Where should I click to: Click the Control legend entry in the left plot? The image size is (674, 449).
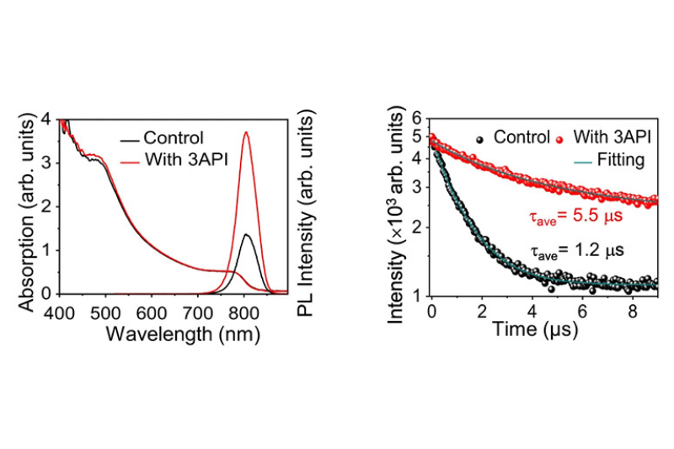tap(174, 138)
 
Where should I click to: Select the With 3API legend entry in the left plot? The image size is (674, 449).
tap(182, 158)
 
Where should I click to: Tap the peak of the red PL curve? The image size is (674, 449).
tap(246, 132)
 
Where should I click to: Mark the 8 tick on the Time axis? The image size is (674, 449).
tap(632, 309)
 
